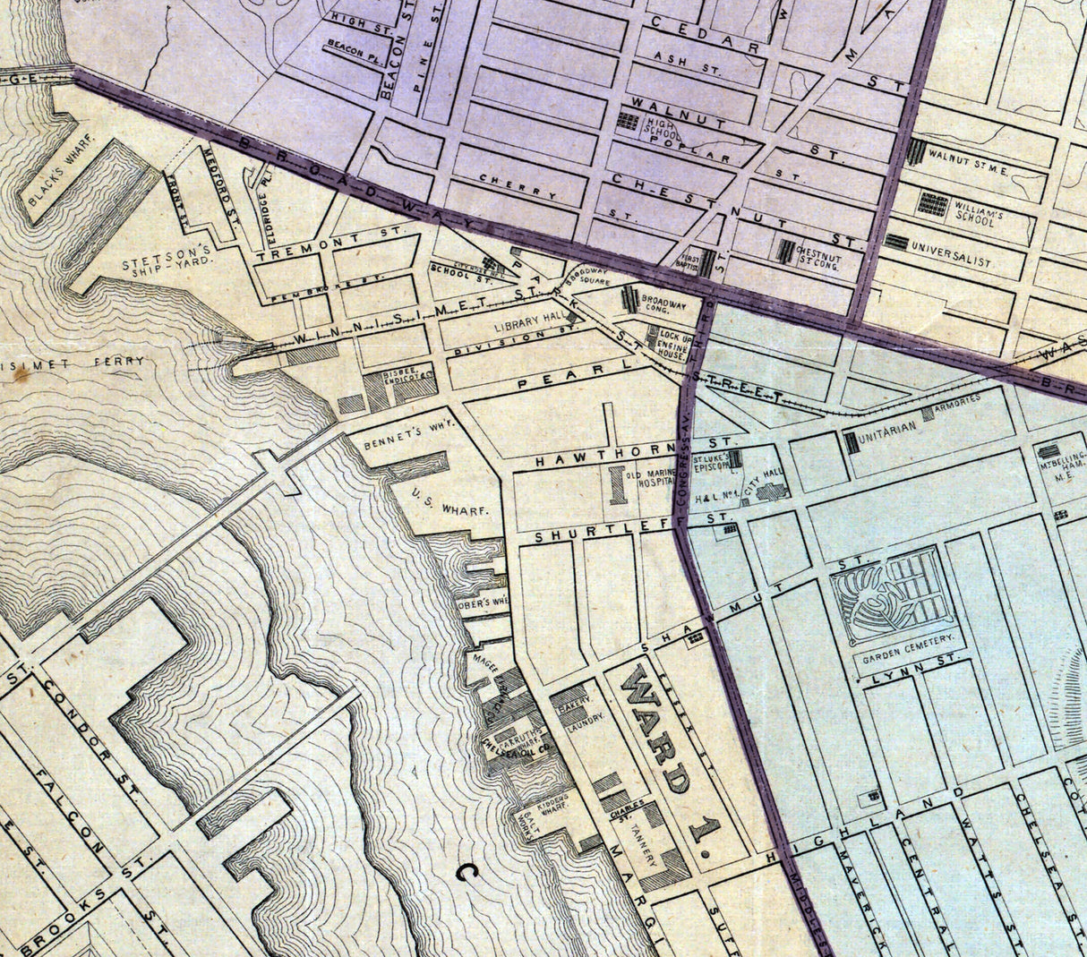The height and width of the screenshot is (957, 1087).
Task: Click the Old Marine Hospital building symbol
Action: pyautogui.click(x=616, y=483)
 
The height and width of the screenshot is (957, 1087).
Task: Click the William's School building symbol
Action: pyautogui.click(x=932, y=203)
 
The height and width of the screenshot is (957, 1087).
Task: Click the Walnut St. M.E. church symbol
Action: pyautogui.click(x=915, y=151)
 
